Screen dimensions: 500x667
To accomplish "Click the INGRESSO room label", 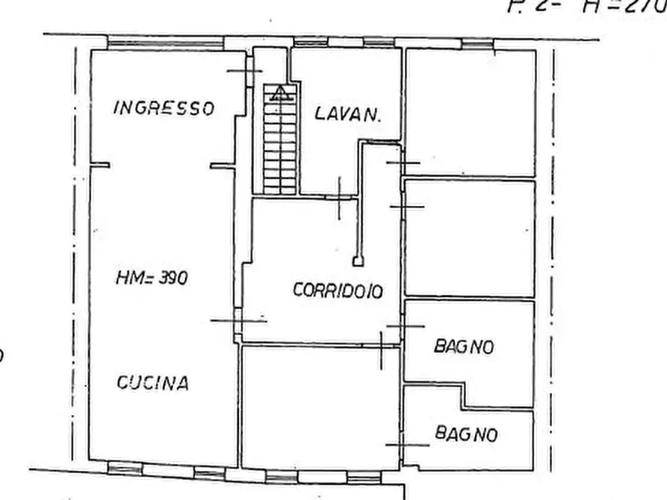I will pyautogui.click(x=164, y=107).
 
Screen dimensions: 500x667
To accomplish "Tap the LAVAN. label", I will pyautogui.click(x=348, y=114).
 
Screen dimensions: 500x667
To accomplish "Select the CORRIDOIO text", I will pyautogui.click(x=338, y=291).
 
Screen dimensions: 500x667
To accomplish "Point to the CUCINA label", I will pyautogui.click(x=152, y=384).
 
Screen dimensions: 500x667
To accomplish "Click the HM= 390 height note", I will pyautogui.click(x=152, y=278).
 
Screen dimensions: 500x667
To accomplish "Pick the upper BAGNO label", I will pyautogui.click(x=464, y=346).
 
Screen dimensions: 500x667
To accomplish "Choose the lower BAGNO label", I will pyautogui.click(x=466, y=433).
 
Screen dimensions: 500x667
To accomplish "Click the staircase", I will pyautogui.click(x=280, y=142).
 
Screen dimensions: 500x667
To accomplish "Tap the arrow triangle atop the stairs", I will pyautogui.click(x=280, y=93).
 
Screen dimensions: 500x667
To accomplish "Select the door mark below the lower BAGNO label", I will pyautogui.click(x=408, y=445).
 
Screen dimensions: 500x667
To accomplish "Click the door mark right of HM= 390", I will pyautogui.click(x=238, y=320).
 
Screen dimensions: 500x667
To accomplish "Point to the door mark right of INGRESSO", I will pyautogui.click(x=245, y=71).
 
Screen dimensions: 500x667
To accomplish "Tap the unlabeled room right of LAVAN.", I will pyautogui.click(x=471, y=112).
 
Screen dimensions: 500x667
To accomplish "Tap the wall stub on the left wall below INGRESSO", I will pyautogui.click(x=100, y=165).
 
